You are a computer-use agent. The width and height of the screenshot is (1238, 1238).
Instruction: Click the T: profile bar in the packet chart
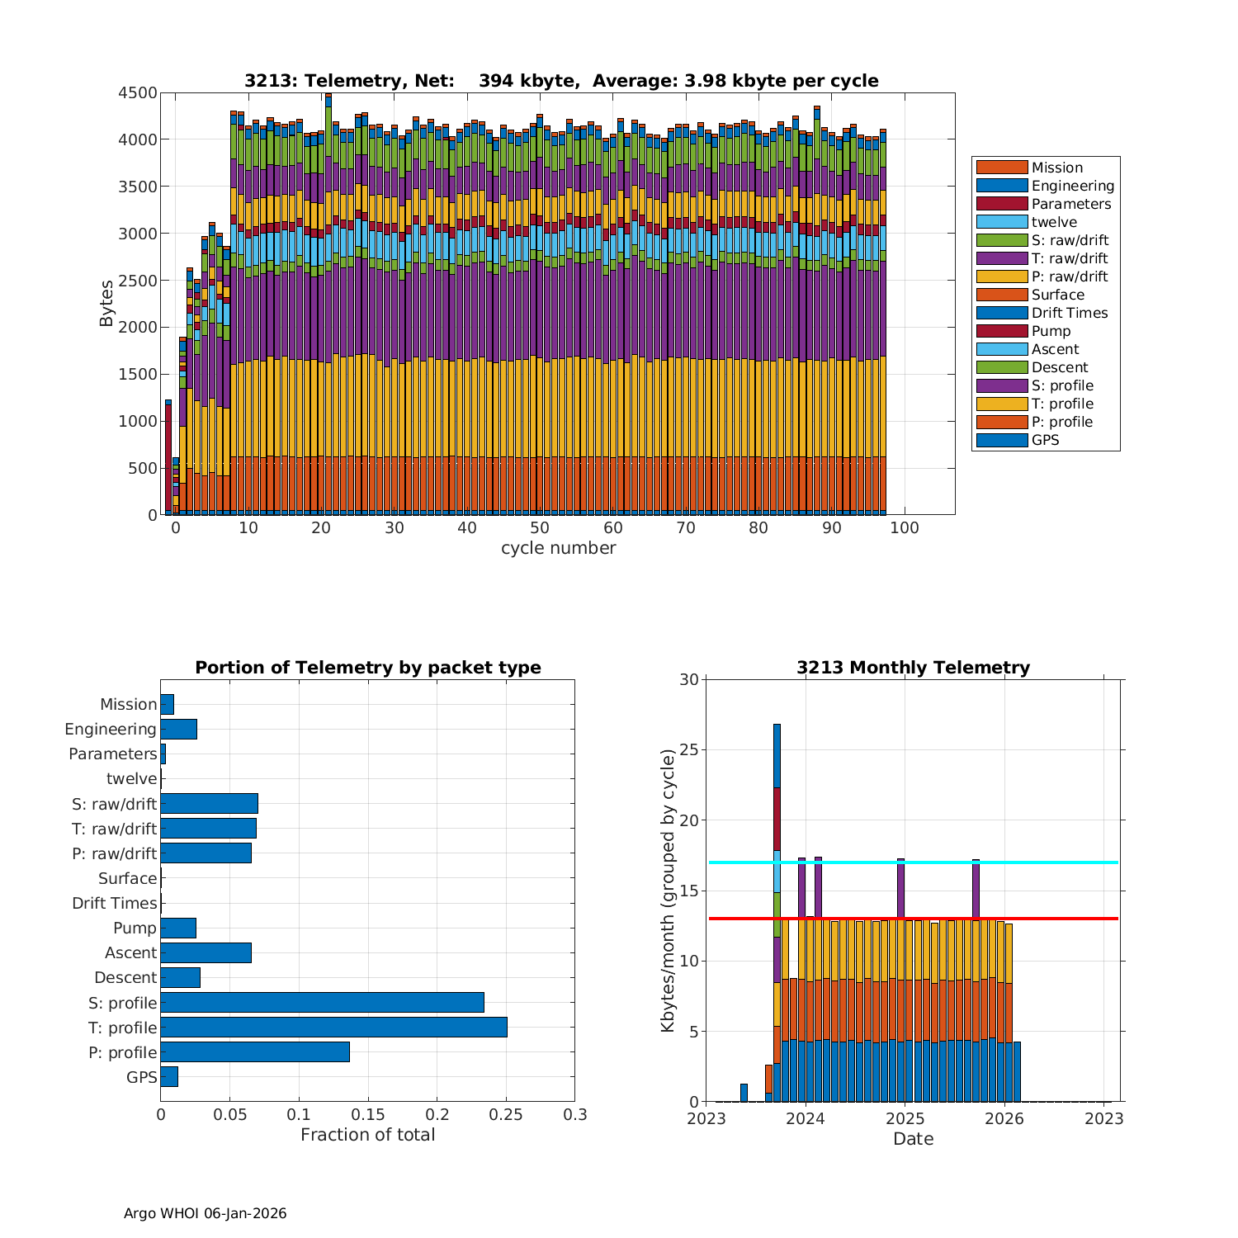pyautogui.click(x=333, y=1027)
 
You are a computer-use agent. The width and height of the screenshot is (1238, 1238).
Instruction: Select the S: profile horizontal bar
pyautogui.click(x=322, y=1002)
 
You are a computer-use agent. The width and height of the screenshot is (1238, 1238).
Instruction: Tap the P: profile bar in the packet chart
pyautogui.click(x=255, y=1051)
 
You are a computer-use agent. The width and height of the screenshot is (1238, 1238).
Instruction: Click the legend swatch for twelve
pyautogui.click(x=1002, y=222)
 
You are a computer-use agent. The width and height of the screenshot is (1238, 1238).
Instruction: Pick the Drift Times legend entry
pyautogui.click(x=1069, y=313)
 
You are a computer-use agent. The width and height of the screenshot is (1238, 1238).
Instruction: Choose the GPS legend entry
pyautogui.click(x=1045, y=440)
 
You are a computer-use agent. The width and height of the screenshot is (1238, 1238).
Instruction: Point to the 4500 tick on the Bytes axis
pyautogui.click(x=136, y=93)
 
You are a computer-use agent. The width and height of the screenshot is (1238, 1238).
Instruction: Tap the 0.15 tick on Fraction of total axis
pyautogui.click(x=368, y=1115)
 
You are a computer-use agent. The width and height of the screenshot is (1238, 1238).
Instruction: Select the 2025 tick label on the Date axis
pyautogui.click(x=905, y=1118)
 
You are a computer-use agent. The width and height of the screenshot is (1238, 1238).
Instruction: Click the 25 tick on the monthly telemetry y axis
pyautogui.click(x=688, y=750)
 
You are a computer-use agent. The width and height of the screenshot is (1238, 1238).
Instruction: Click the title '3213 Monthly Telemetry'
pyautogui.click(x=913, y=667)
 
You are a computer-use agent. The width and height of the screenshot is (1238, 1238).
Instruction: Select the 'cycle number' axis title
pyautogui.click(x=558, y=548)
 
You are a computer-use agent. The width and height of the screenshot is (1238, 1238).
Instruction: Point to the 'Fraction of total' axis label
pyautogui.click(x=367, y=1135)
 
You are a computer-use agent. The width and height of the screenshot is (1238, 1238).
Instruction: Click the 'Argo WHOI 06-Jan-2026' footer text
pyautogui.click(x=205, y=1213)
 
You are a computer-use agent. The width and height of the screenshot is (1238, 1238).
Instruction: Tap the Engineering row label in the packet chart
pyautogui.click(x=111, y=729)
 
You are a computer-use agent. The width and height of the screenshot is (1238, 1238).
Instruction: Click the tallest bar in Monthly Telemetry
pyautogui.click(x=777, y=908)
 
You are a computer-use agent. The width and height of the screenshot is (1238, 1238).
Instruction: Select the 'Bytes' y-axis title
pyautogui.click(x=106, y=304)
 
